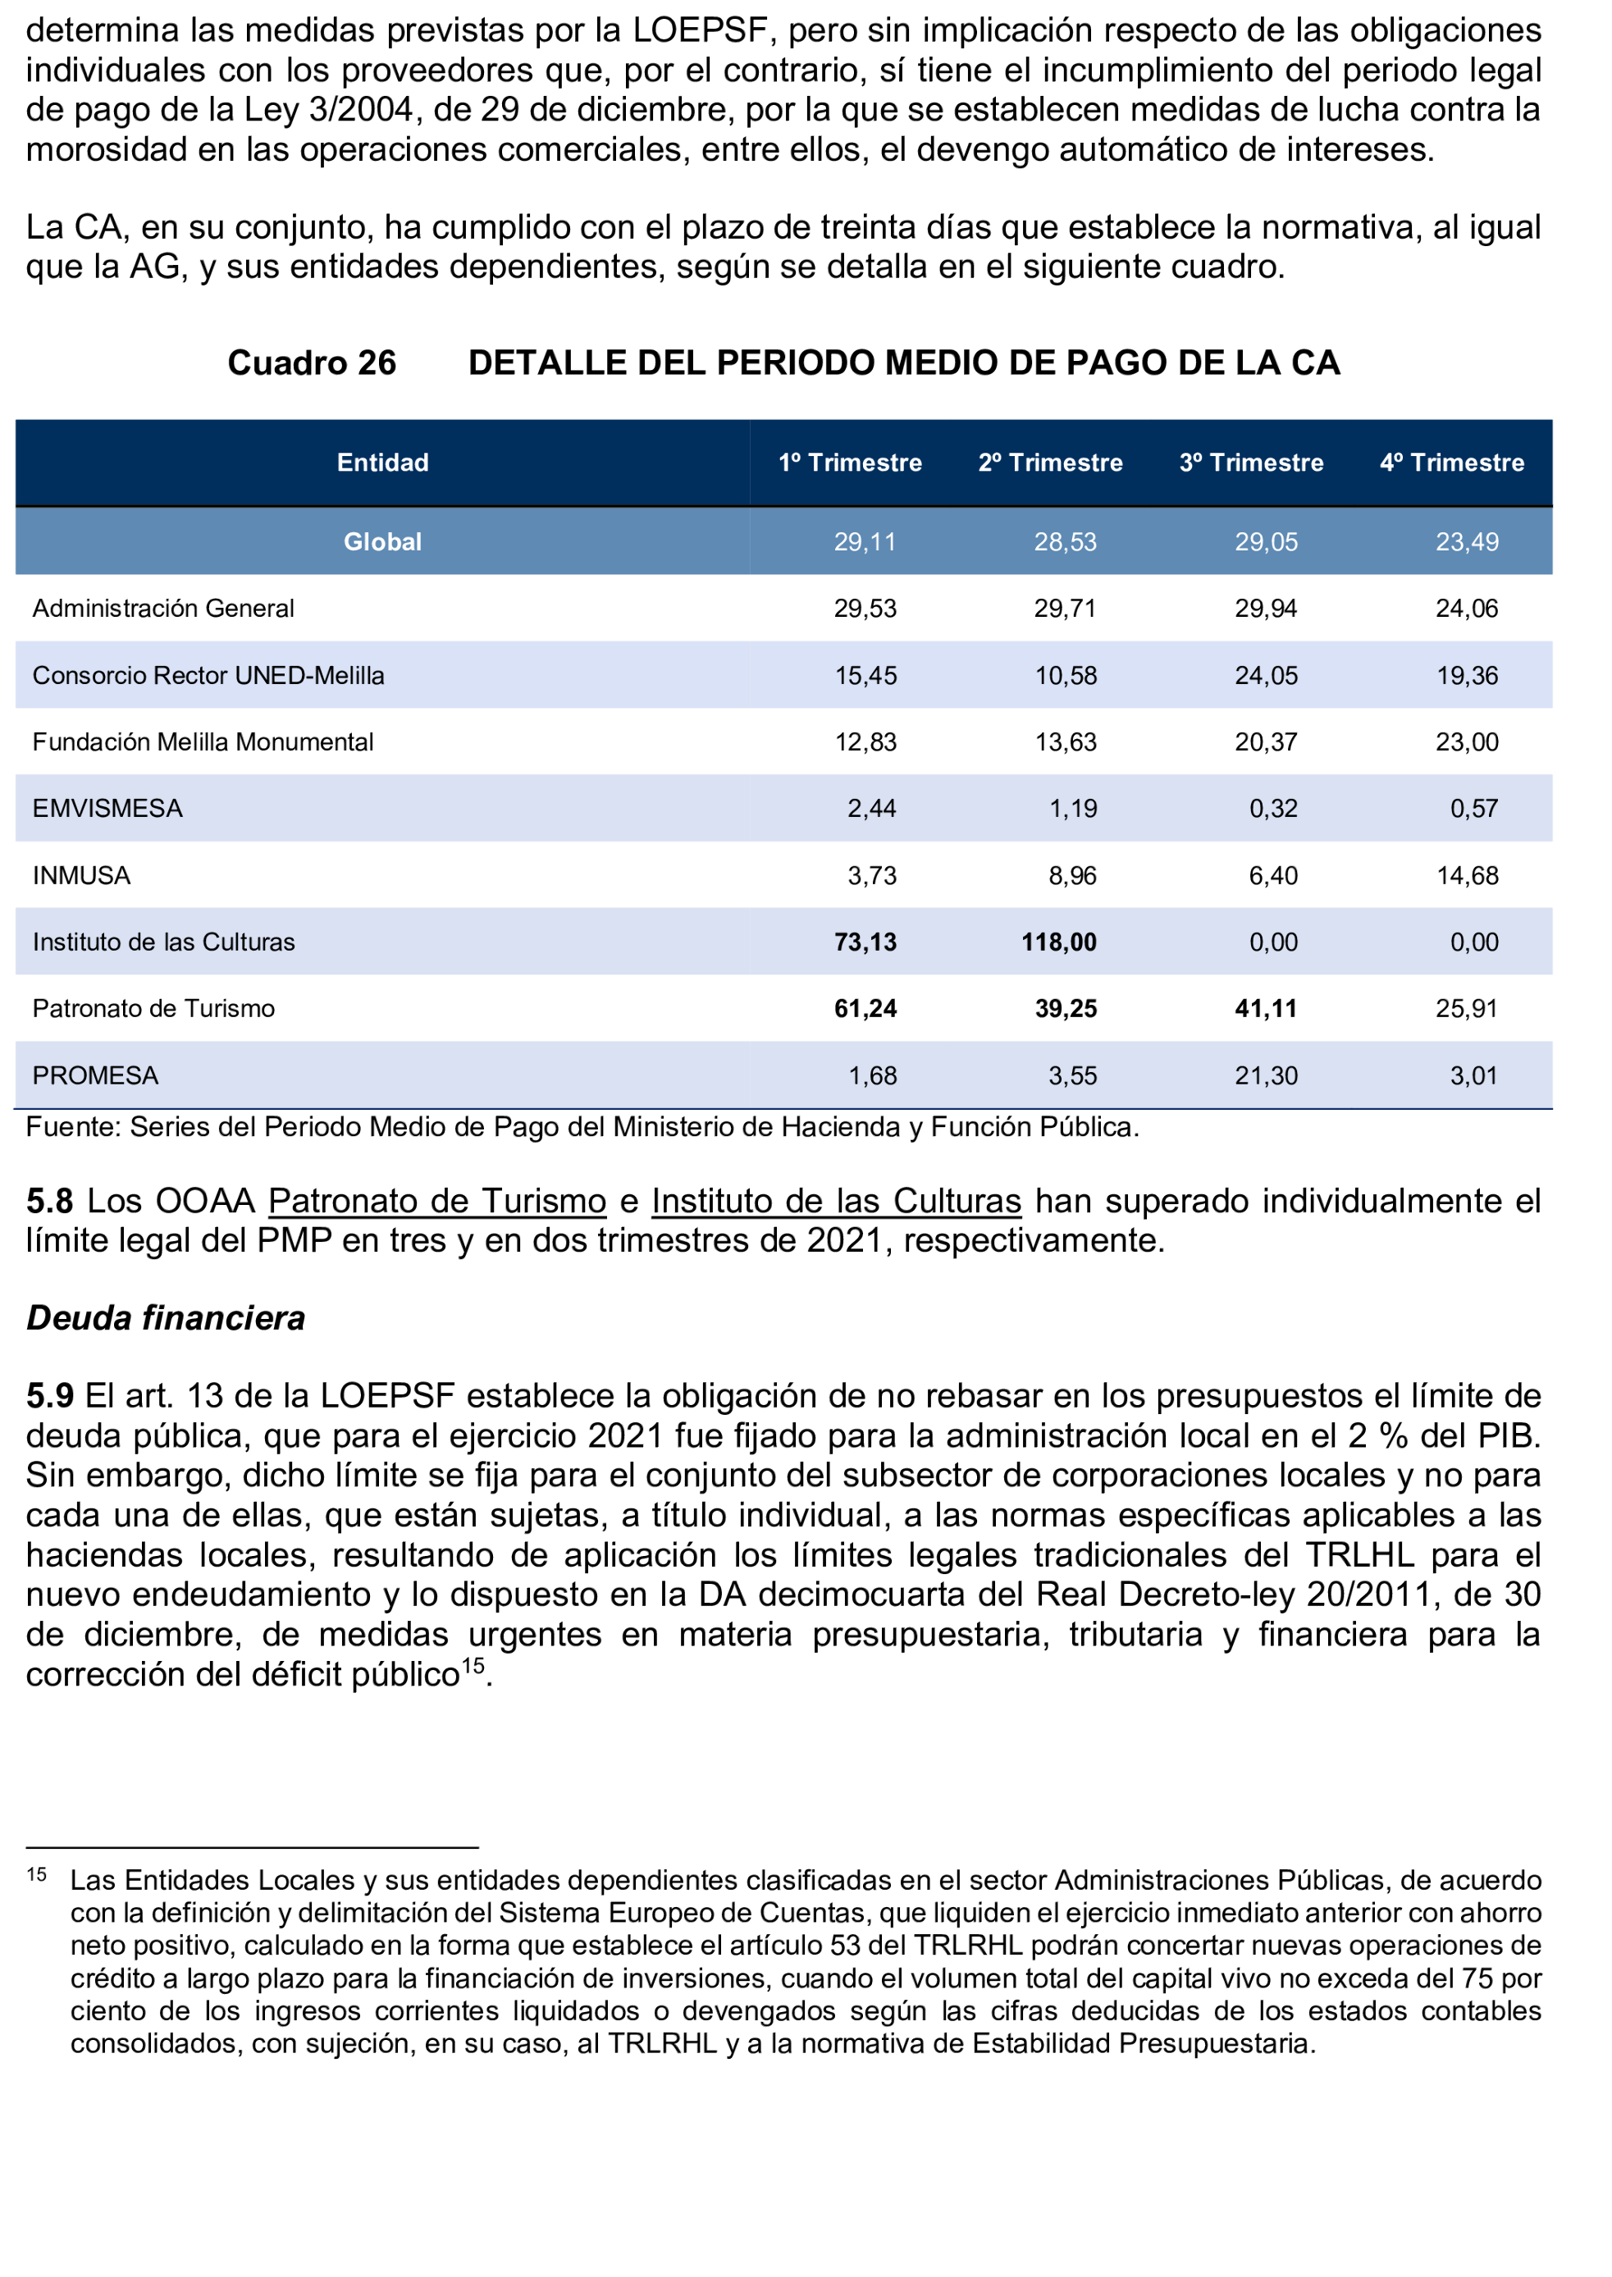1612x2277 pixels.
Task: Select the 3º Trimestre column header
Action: point(1251,463)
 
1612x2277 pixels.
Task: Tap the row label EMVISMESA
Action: point(107,809)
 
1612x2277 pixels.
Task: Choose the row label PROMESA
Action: point(95,1076)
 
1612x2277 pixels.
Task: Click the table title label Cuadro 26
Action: point(312,363)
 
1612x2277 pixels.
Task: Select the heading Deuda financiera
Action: point(166,1318)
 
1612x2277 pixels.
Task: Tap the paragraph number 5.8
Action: point(49,1201)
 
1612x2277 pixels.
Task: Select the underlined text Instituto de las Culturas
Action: point(836,1201)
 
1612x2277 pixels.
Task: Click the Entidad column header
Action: point(382,463)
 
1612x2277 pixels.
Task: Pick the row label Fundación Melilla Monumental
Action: point(203,742)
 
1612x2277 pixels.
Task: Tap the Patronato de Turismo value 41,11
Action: point(1266,1010)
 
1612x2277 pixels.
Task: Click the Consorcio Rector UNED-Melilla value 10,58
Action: point(1066,676)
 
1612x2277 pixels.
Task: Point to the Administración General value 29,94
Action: point(1266,609)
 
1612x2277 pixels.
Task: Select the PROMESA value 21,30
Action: point(1266,1076)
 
